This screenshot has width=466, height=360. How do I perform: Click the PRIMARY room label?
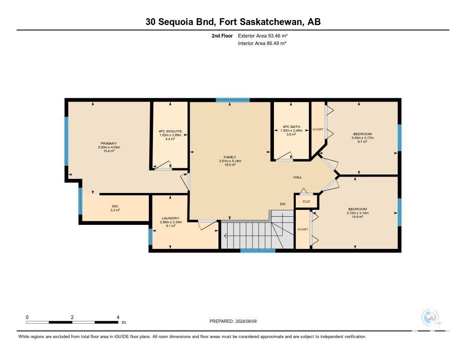click(108, 143)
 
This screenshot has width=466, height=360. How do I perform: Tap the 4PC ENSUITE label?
click(170, 131)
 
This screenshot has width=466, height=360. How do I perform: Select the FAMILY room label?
click(230, 157)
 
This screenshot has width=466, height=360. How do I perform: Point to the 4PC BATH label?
click(291, 127)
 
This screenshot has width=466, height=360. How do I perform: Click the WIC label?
click(115, 206)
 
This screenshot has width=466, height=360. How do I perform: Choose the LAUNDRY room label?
click(171, 218)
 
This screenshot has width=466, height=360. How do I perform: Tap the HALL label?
click(298, 177)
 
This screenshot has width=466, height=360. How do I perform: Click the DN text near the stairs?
click(283, 204)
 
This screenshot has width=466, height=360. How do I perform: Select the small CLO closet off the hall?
click(306, 201)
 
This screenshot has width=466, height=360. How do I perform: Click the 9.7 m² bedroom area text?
click(362, 142)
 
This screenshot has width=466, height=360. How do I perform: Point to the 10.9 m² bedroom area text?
click(358, 217)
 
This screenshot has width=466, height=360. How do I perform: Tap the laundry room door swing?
click(208, 224)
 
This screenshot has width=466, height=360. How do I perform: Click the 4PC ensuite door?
click(162, 165)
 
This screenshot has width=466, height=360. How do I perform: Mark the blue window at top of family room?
click(233, 100)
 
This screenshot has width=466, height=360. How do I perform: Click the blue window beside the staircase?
click(258, 251)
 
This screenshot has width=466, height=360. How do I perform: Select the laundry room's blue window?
click(150, 237)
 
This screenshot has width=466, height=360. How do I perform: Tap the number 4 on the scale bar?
click(118, 317)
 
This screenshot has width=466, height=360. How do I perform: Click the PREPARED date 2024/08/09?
click(246, 321)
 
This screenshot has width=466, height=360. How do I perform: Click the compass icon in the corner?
click(430, 317)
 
